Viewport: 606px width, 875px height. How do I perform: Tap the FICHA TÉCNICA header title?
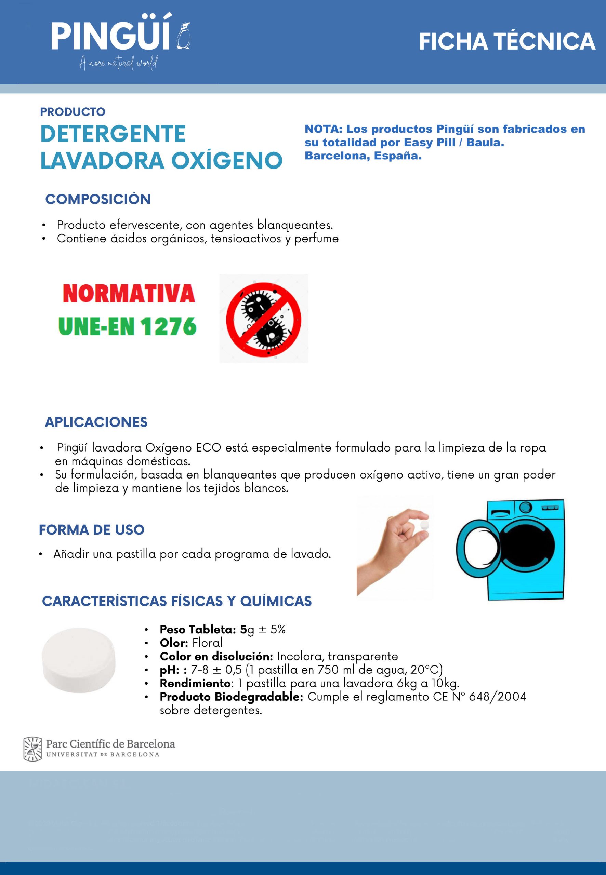coord(506,41)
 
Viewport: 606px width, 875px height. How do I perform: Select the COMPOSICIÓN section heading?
coord(98,199)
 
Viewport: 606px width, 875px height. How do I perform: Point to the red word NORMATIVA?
coord(129,294)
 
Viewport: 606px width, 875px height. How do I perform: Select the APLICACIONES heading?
coord(96,422)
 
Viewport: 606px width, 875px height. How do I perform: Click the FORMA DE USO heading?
coord(92,530)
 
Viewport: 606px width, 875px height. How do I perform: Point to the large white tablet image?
coord(79,660)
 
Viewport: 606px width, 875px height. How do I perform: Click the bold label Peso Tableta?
coord(197,630)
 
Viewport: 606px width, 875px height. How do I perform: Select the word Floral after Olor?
coord(207,643)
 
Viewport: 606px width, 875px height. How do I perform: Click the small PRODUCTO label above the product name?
coord(73,112)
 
